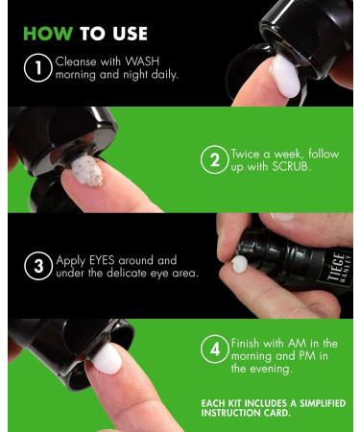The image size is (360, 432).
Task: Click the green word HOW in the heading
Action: click(x=48, y=34)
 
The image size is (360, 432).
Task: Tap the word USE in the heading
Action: click(x=131, y=34)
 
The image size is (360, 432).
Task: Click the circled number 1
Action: click(x=37, y=68)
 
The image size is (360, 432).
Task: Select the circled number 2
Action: click(x=215, y=159)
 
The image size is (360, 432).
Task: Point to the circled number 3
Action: click(x=38, y=266)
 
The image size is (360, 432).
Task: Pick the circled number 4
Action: click(x=215, y=348)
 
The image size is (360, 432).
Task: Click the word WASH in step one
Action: click(x=142, y=61)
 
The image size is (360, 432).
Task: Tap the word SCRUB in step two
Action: click(x=291, y=166)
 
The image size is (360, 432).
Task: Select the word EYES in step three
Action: click(x=102, y=260)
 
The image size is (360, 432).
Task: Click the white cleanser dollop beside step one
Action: click(x=285, y=76)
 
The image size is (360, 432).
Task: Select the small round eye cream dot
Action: click(x=240, y=264)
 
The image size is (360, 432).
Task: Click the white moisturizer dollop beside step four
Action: click(x=108, y=359)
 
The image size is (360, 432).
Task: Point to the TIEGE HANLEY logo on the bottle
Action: click(x=339, y=267)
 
